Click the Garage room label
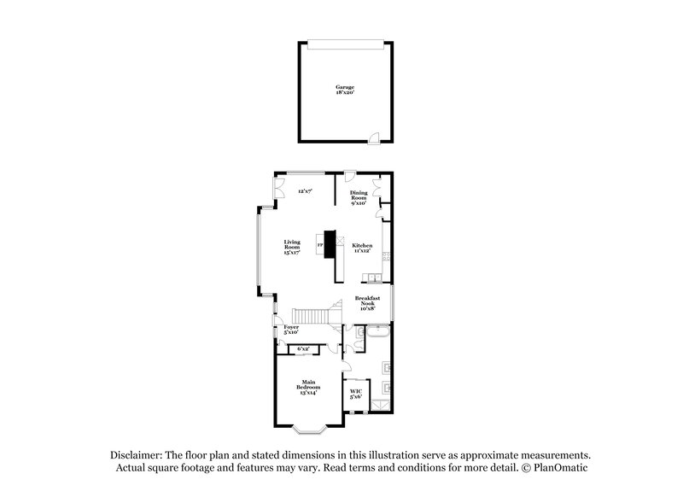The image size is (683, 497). coord(344,90)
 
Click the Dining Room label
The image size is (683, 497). coord(359,198)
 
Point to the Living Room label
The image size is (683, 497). coord(293,247)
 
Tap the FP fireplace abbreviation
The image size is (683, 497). coord(320,246)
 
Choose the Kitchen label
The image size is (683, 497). coord(363,248)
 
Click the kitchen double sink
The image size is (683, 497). coord(375,278)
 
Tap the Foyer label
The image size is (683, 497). coord(291,330)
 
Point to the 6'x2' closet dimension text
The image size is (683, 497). coord(303,348)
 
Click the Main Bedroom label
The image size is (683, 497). coord(308,386)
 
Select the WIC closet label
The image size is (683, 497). coord(356,395)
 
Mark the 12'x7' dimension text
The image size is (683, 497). coord(305,192)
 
